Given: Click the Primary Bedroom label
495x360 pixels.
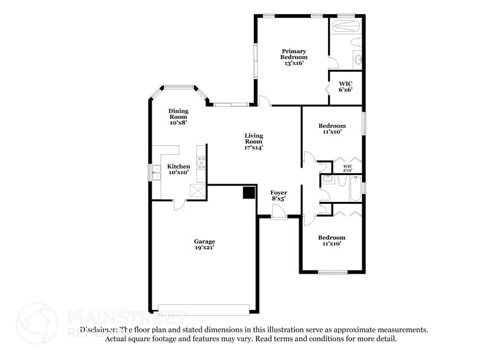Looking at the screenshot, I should click(294, 56).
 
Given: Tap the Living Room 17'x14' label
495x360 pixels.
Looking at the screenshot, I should click(254, 141).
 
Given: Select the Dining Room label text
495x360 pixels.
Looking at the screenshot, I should click(179, 116).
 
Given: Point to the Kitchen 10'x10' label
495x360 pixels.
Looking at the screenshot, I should click(179, 169).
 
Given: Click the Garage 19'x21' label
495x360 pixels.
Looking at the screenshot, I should click(205, 244).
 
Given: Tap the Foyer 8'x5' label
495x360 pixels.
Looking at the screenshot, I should click(278, 196).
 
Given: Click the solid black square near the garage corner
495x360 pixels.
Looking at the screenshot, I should click(248, 193).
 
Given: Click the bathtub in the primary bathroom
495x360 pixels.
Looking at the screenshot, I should click(346, 26).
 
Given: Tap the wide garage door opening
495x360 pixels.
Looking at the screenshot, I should click(204, 309).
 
